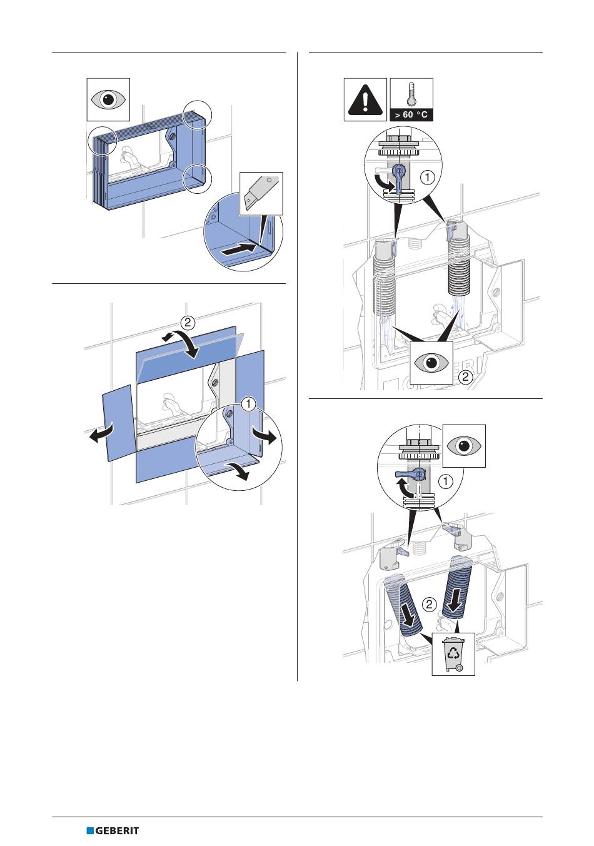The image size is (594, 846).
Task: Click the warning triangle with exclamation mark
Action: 365,99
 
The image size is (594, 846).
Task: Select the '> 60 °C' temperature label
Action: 411,114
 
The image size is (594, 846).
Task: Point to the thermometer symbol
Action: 411,94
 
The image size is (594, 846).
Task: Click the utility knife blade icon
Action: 261,194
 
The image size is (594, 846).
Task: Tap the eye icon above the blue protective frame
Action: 108,99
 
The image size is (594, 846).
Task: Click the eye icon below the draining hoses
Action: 431,363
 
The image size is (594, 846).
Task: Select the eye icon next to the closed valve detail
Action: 464,446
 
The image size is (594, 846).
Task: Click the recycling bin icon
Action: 453,654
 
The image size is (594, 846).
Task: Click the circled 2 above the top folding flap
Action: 188,322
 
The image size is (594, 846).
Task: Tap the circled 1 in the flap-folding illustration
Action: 248,404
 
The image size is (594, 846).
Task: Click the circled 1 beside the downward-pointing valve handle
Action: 428,178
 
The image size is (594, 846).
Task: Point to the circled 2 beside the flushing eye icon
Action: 466,376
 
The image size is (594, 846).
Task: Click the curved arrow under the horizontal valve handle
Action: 403,489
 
